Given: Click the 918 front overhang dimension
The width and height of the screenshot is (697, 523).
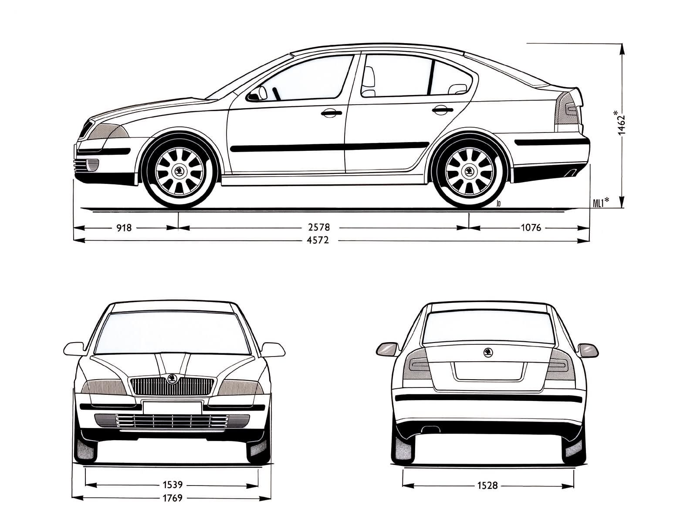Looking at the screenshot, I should click(x=124, y=228).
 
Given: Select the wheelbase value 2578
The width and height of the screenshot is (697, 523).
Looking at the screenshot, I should click(x=319, y=228).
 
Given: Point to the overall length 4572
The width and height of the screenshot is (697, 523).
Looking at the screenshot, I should click(x=318, y=240).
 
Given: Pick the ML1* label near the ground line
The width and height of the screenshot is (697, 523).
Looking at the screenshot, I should click(x=600, y=201).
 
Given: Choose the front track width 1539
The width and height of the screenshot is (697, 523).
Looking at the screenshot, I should click(x=173, y=485).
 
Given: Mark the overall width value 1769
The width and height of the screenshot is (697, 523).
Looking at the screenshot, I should click(x=173, y=498).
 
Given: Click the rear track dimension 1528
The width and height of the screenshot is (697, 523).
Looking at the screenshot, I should click(x=487, y=486).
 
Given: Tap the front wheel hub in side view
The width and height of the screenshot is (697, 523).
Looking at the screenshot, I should click(x=179, y=172).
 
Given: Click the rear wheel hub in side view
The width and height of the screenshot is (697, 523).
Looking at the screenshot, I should click(x=469, y=172).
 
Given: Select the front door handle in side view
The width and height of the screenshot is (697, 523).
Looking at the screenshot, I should click(x=331, y=113).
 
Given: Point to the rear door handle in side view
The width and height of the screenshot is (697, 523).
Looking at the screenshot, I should click(x=442, y=111).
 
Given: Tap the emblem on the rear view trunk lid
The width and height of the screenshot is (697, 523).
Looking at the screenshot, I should click(x=488, y=352).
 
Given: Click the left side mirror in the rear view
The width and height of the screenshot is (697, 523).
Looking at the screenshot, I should click(x=387, y=349).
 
